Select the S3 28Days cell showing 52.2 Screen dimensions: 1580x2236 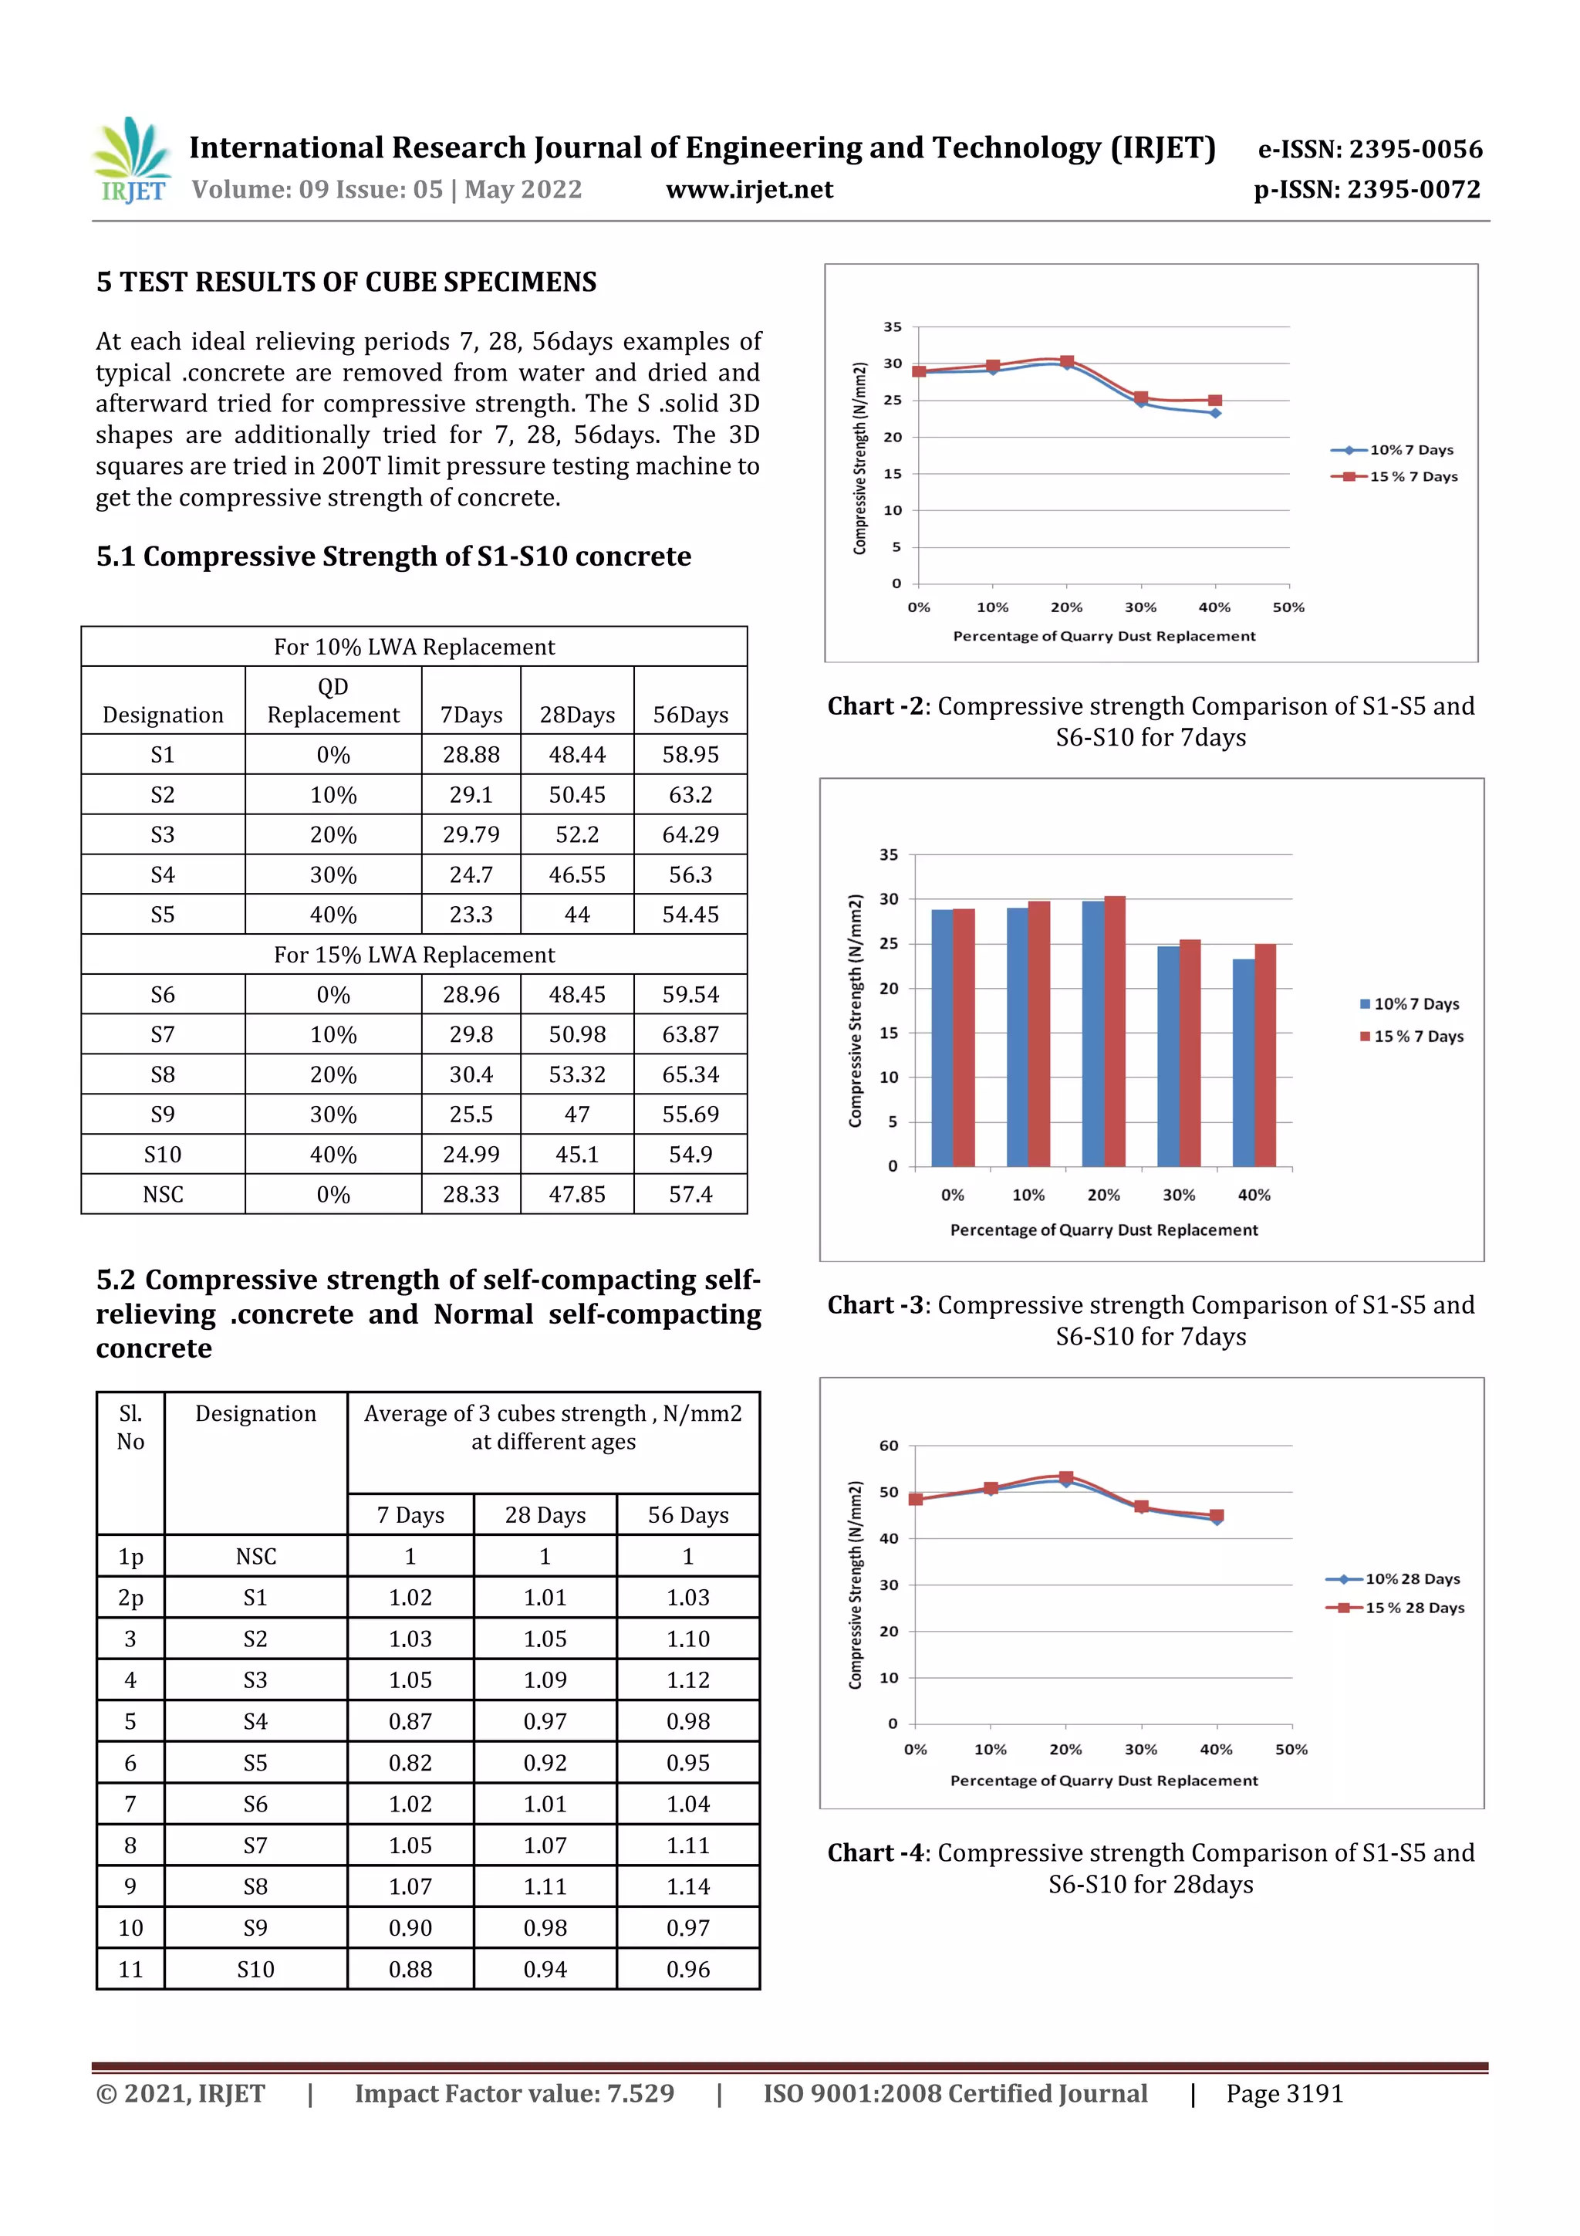coord(576,834)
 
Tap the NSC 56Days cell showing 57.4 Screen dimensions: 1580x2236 coord(690,1194)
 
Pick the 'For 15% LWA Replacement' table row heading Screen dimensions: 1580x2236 coord(414,955)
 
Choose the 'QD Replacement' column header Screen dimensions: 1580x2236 coord(333,700)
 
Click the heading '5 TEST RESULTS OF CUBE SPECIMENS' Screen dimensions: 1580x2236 coord(346,282)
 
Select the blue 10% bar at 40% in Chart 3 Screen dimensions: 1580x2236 coord(1243,1061)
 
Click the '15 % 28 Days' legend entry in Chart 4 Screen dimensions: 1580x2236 coord(1395,1608)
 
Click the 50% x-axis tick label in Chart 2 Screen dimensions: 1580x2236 coord(1288,607)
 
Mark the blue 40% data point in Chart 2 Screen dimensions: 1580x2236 coord(1215,413)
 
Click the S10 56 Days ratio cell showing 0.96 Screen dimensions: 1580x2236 coord(687,1969)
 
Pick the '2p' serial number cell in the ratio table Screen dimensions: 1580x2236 coord(130,1597)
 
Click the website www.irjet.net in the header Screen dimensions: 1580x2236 coord(748,190)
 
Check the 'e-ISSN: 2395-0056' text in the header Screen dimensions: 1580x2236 coord(1369,149)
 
